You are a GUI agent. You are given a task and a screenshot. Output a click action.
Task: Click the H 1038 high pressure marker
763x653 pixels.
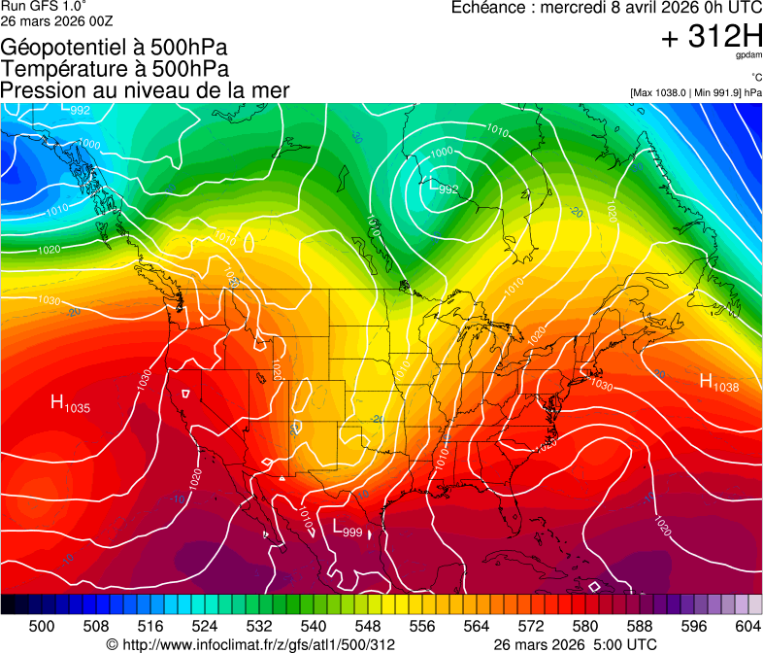(718, 383)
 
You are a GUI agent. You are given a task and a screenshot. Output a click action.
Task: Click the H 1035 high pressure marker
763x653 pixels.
(70, 403)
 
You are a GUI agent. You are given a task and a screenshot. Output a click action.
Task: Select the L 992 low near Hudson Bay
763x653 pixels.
(443, 187)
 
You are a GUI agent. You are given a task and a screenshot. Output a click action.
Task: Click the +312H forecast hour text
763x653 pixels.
(711, 37)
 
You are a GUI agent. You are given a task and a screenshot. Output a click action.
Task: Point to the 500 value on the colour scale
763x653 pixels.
(42, 625)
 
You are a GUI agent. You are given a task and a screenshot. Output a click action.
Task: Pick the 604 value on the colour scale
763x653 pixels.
(748, 625)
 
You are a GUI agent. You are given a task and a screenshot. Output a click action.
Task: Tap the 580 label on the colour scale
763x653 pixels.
(585, 625)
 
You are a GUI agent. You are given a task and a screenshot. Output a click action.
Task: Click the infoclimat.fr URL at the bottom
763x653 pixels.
(250, 644)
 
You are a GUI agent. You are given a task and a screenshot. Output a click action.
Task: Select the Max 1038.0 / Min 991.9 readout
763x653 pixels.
(695, 92)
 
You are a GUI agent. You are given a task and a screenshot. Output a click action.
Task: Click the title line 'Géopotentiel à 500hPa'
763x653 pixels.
(114, 48)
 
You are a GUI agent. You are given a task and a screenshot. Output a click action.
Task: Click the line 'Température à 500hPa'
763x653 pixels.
(115, 69)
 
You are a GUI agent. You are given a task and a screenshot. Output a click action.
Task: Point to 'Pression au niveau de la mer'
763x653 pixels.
(145, 90)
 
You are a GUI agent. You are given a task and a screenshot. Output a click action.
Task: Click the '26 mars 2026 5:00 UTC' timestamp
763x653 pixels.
(575, 644)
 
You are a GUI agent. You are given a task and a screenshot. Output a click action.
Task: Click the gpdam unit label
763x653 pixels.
(748, 55)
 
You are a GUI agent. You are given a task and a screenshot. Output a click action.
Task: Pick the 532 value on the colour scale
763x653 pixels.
(259, 625)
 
